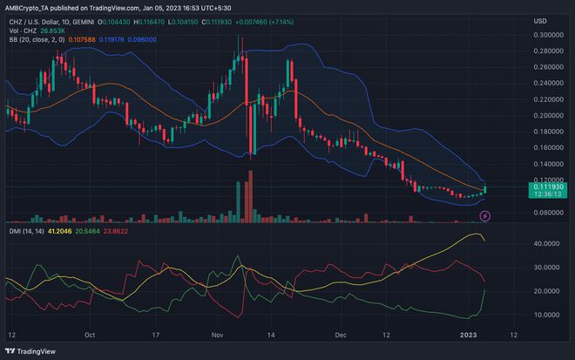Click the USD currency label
click(540, 20)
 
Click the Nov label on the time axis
click(219, 334)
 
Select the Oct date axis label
click(91, 334)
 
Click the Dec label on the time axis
click(341, 334)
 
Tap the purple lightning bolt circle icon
click(485, 214)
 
